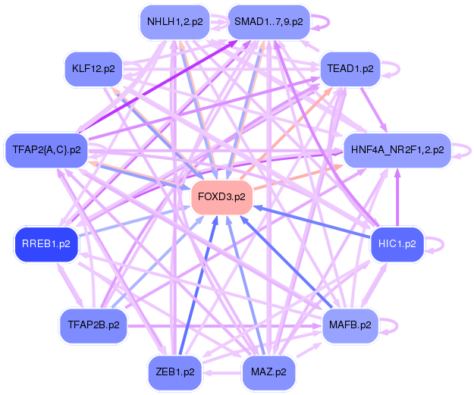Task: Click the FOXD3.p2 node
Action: (x=221, y=197)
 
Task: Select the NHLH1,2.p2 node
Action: (x=174, y=22)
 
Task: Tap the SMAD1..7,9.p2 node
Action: (x=268, y=22)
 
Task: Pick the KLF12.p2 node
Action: (x=93, y=69)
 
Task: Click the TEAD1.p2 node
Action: (x=350, y=68)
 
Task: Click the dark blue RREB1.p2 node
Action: (x=46, y=244)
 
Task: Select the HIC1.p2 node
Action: (x=397, y=244)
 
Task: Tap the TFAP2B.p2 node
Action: (x=93, y=325)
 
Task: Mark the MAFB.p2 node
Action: (x=350, y=325)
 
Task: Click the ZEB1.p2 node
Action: (x=174, y=372)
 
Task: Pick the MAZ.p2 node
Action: (x=268, y=372)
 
